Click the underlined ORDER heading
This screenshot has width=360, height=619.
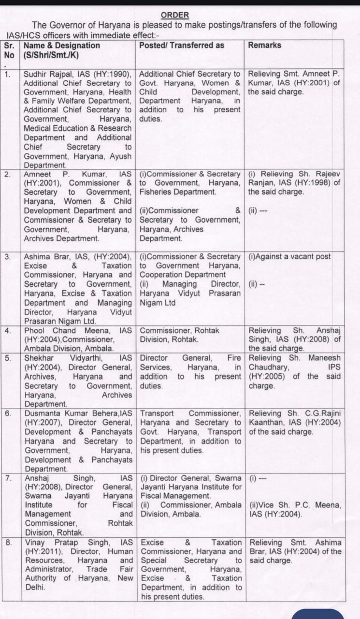(175, 15)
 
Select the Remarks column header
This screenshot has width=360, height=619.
(264, 45)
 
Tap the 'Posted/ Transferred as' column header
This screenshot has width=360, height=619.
(182, 45)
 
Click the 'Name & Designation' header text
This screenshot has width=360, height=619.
(62, 45)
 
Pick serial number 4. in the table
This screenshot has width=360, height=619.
(8, 331)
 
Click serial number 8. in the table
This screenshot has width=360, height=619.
(8, 543)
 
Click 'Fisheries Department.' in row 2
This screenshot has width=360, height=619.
(178, 192)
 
